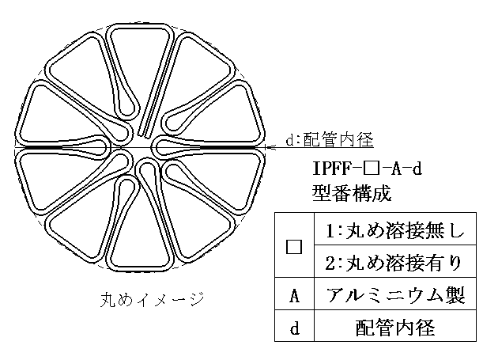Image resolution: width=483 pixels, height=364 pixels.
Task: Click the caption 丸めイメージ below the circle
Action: (152, 299)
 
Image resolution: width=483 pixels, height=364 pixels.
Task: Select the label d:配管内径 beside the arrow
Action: (330, 140)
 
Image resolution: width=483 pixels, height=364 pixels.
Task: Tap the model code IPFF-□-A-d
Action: (367, 169)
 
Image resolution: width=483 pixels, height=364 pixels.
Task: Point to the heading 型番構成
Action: (352, 193)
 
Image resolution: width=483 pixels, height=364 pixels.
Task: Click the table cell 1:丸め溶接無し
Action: (395, 230)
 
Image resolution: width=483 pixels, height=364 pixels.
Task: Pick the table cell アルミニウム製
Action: (395, 294)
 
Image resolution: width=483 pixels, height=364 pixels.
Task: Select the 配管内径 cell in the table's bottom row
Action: (395, 328)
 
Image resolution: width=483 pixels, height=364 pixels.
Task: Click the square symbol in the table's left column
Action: (294, 246)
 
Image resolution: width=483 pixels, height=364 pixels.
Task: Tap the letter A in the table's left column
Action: (295, 295)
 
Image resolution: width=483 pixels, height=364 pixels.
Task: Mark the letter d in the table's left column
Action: (295, 328)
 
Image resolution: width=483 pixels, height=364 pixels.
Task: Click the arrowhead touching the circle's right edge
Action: (270, 148)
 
